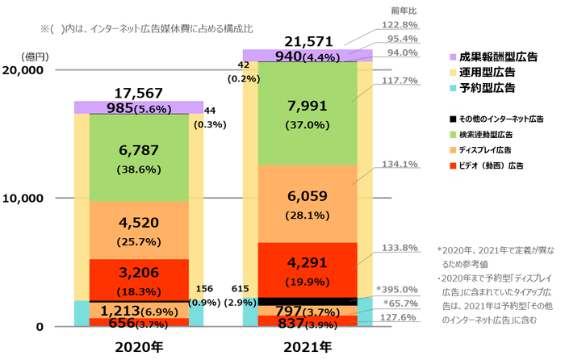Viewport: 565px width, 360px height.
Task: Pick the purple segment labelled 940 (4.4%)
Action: (308, 56)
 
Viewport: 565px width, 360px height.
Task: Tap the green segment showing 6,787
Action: (139, 157)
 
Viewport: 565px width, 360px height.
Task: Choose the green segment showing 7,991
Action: (308, 113)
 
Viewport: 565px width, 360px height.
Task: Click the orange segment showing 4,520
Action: (139, 230)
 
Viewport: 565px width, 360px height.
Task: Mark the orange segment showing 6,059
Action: (308, 203)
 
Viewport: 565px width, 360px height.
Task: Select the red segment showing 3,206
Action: (139, 279)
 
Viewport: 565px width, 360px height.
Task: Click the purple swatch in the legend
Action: (454, 57)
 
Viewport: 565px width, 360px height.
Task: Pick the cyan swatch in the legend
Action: (454, 86)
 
